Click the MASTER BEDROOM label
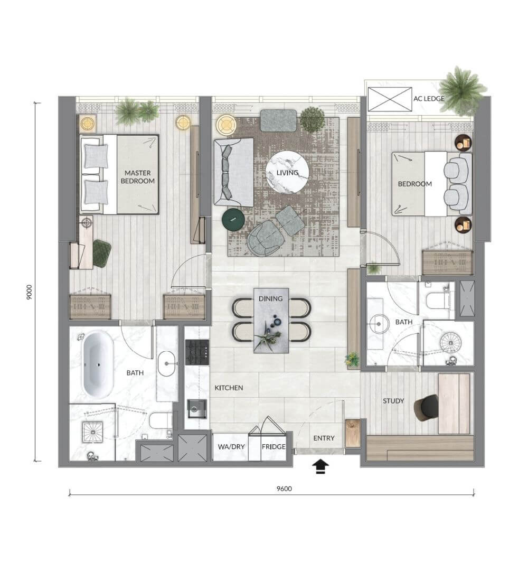point(137,177)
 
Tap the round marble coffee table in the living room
point(287,172)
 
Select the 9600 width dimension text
point(284,489)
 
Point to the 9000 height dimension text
point(29,293)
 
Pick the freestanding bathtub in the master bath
point(98,365)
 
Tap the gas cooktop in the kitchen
point(197,352)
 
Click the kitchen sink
point(197,408)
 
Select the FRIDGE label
point(274,447)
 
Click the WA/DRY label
point(231,447)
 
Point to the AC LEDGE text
point(429,99)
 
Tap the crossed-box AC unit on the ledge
point(390,99)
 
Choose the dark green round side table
point(233,220)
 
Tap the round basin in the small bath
point(379,324)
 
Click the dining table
point(271,321)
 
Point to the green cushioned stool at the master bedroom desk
point(101,252)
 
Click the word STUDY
point(393,401)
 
